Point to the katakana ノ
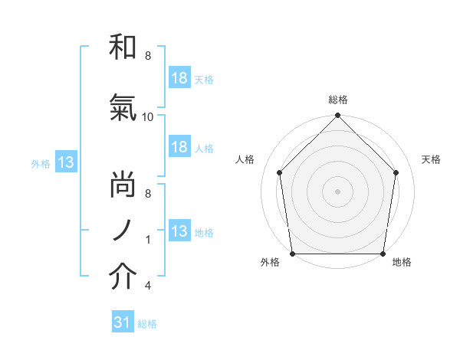(123, 231)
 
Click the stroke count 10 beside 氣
(148, 117)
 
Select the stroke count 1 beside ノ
(148, 240)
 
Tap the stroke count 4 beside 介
(148, 286)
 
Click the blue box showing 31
(122, 323)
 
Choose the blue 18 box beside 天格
(179, 78)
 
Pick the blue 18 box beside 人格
(179, 148)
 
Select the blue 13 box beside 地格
(179, 231)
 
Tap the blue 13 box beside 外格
(65, 162)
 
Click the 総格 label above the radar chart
(338, 100)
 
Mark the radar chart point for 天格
(396, 172)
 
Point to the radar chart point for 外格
(292, 254)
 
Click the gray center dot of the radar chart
(338, 191)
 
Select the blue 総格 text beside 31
(147, 324)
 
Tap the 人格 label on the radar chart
(245, 159)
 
